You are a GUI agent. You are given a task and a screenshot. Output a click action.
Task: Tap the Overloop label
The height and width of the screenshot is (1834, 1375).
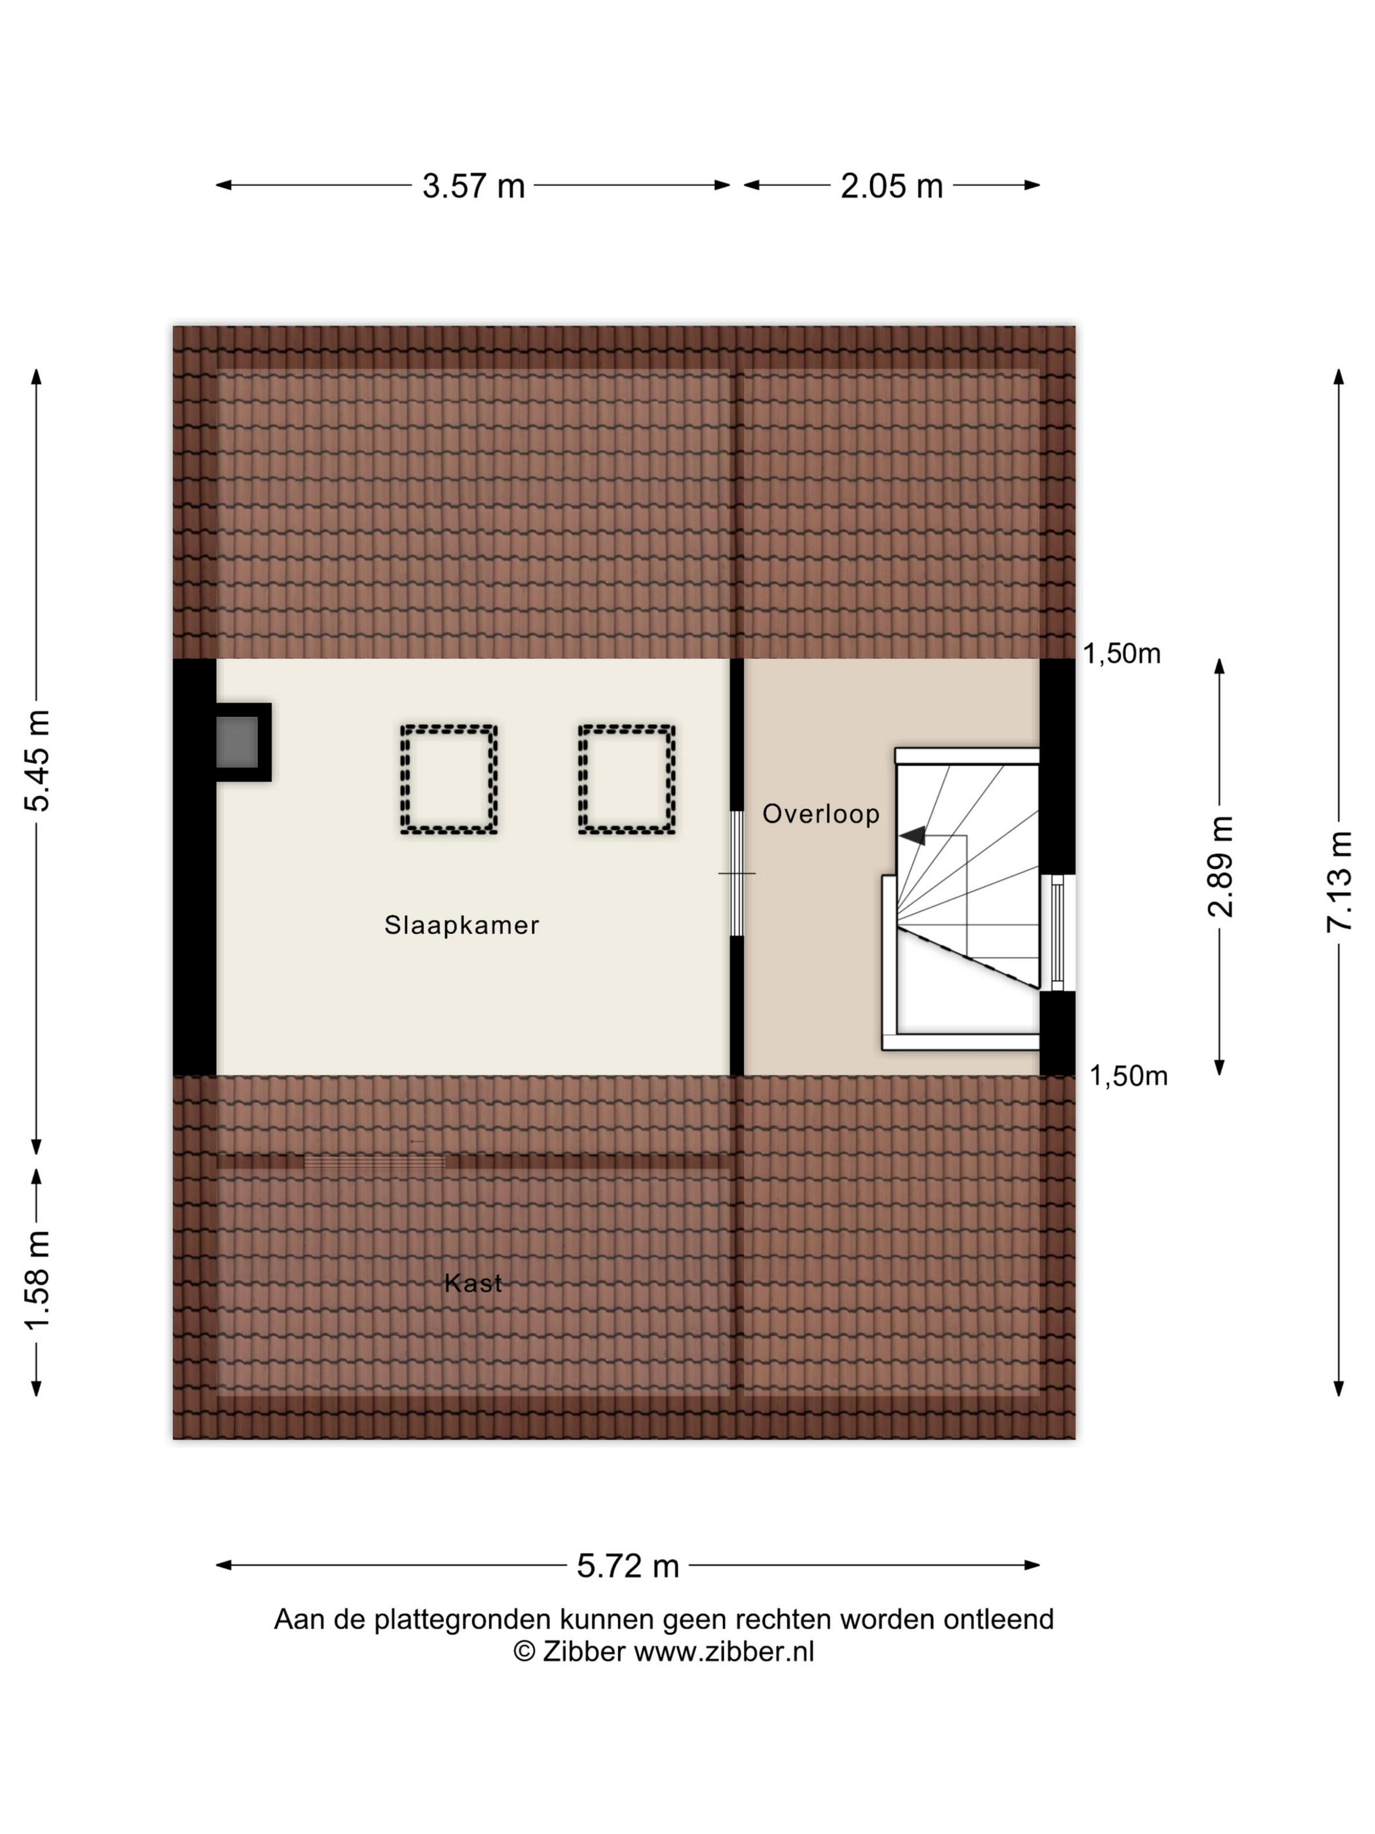tap(820, 814)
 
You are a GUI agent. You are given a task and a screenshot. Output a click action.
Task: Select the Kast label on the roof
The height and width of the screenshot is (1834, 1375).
tap(473, 1283)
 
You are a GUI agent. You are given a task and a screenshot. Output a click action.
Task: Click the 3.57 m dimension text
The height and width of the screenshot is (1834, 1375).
tap(473, 186)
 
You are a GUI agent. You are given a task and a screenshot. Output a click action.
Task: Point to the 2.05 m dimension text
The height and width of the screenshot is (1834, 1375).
tap(892, 186)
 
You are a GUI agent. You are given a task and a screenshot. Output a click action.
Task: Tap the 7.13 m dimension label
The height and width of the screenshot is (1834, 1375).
tap(1340, 882)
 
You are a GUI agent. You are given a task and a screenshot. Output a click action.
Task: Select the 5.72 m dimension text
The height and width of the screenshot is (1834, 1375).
tap(627, 1566)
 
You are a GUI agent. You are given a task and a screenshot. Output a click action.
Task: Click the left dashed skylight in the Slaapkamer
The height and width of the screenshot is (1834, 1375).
tap(449, 779)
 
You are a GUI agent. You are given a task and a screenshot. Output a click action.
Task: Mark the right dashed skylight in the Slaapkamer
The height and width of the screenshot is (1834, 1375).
tap(627, 779)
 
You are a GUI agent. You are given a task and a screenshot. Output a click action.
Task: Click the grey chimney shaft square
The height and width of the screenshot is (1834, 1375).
tap(237, 742)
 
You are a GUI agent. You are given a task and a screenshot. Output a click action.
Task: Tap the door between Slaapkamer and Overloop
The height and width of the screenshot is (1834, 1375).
tap(737, 873)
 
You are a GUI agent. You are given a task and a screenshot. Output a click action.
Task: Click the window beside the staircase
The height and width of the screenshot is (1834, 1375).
tap(1057, 933)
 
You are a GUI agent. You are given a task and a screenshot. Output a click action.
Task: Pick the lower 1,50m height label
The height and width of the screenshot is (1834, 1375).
tap(1128, 1076)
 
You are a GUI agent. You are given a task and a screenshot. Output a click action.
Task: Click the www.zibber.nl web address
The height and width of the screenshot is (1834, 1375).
tap(724, 1652)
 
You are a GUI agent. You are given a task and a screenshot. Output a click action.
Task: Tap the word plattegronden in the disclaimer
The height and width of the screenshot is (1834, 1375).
tap(462, 1619)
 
